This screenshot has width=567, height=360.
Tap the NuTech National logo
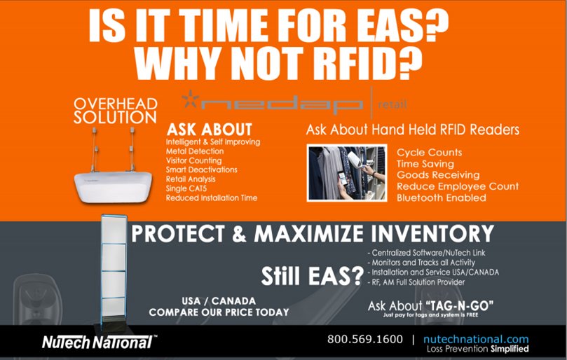coord(96,342)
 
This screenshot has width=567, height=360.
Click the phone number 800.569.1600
coord(365,339)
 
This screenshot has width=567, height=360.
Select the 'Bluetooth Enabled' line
coord(442,198)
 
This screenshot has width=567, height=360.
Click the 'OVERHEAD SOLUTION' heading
coord(116,111)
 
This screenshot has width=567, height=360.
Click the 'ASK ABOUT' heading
coord(209,130)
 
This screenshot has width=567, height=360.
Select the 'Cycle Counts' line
coord(430,152)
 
